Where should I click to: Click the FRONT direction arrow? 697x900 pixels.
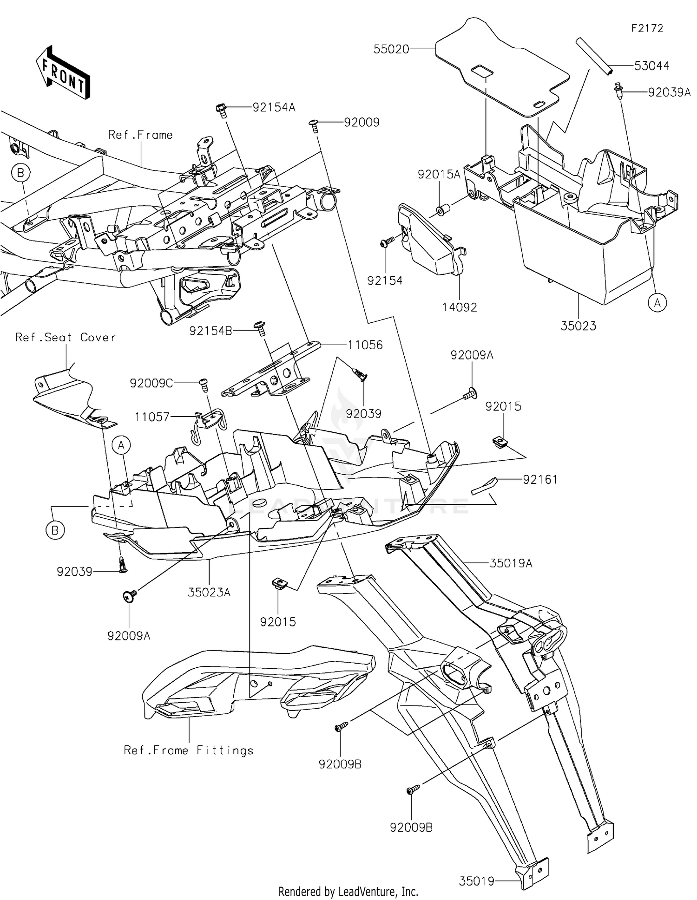pos(62,73)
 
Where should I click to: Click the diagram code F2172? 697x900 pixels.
pos(647,28)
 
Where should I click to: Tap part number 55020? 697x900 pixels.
pos(391,49)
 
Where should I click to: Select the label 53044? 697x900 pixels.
pos(651,66)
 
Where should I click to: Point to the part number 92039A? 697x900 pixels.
pos(669,92)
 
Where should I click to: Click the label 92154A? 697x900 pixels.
pos(274,108)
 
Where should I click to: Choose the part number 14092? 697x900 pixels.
pos(460,307)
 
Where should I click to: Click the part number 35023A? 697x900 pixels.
pos(209,592)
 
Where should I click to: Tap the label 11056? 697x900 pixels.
pos(365,345)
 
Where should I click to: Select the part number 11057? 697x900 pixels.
pos(152,417)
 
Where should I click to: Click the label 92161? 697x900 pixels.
pos(540,479)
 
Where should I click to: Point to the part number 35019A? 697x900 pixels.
pos(511,563)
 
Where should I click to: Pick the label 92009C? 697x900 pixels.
pos(151,383)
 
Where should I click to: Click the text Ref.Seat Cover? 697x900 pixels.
pos(66,338)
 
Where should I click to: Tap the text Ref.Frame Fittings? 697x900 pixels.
pos(189,750)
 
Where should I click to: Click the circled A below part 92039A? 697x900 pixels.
pos(657,303)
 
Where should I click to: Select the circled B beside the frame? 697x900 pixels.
pos(20,173)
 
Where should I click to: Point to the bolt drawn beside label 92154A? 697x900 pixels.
pos(222,111)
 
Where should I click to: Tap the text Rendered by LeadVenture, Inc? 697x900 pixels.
pos(348,891)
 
